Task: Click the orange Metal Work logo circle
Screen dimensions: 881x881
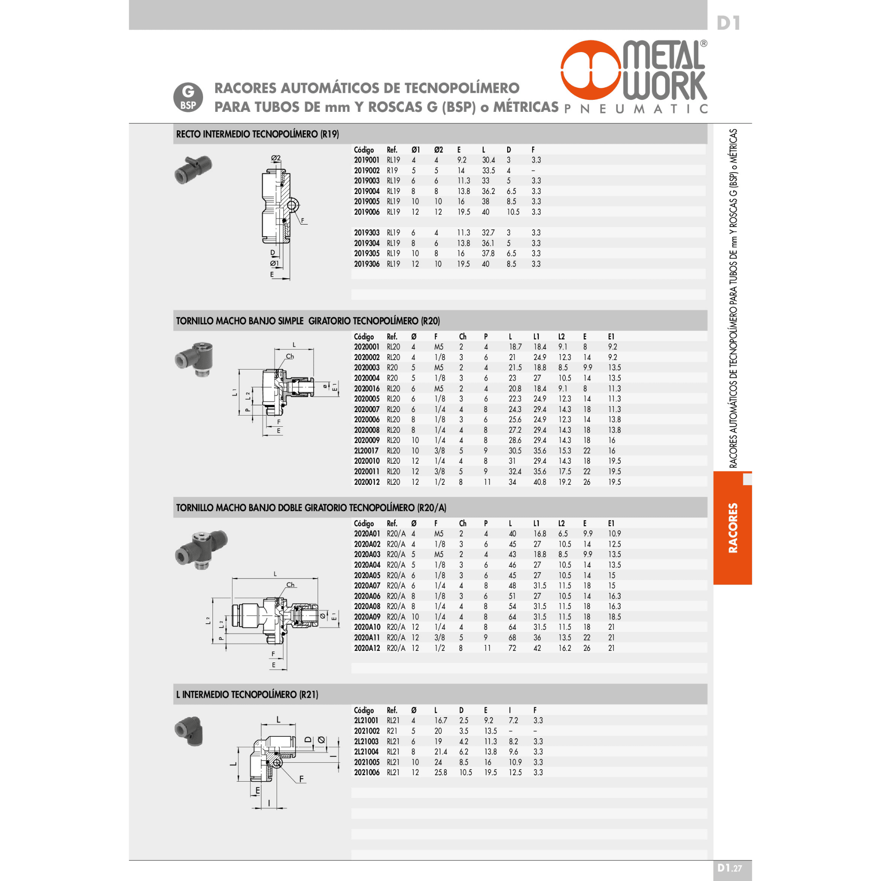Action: [x=592, y=70]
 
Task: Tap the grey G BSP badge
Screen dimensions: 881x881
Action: [x=188, y=97]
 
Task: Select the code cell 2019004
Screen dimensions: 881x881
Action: [x=367, y=191]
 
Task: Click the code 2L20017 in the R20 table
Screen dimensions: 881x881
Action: [x=366, y=450]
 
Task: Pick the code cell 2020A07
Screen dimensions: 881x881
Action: [x=367, y=585]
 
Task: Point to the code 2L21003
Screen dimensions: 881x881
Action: [x=366, y=742]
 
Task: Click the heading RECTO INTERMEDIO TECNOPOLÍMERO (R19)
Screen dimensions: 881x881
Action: [x=258, y=134]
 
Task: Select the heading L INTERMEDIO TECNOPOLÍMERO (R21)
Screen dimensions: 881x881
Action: [x=247, y=694]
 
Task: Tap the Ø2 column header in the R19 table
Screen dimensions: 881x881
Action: [x=438, y=150]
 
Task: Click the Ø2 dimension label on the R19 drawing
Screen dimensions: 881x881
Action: [x=276, y=158]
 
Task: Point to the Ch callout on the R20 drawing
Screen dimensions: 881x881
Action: [x=290, y=356]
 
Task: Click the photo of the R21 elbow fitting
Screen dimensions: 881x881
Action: [x=189, y=730]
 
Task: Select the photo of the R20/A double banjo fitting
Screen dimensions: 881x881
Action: [x=200, y=549]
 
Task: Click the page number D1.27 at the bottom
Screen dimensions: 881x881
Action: [x=730, y=868]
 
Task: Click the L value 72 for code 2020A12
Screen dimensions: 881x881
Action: [x=512, y=648]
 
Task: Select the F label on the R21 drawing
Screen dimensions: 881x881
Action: [x=302, y=779]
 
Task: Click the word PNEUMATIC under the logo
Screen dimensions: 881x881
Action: [x=636, y=108]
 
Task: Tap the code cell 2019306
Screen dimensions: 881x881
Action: [x=367, y=264]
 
